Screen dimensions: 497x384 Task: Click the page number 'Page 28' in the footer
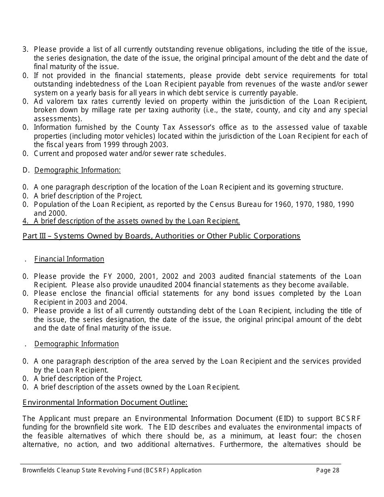[x=327, y=470]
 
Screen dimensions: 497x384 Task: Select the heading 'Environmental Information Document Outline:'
[x=105, y=402]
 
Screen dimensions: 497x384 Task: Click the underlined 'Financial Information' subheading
[x=69, y=259]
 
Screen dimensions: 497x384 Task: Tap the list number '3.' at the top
[x=25, y=50]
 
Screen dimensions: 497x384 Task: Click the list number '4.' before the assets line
[x=25, y=221]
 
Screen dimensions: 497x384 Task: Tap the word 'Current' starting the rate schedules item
[x=47, y=154]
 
